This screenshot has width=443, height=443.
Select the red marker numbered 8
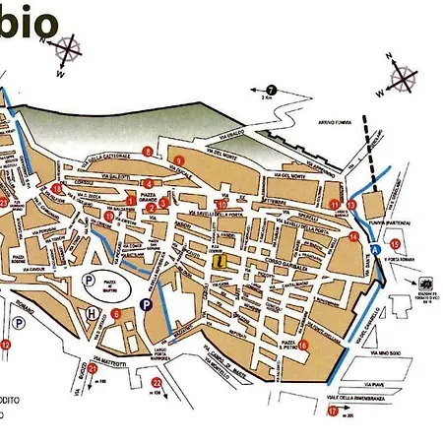[x=147, y=151]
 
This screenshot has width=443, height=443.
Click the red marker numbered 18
[x=56, y=187]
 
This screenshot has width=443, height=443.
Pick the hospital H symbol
[x=93, y=312]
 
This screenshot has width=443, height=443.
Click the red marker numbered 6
[x=116, y=314]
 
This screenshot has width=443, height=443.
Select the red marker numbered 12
[x=5, y=345]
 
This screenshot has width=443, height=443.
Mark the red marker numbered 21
[x=93, y=369]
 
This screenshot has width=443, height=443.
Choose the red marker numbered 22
[x=156, y=383]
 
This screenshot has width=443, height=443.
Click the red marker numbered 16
[x=305, y=345]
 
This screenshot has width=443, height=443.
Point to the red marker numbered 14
[x=353, y=236]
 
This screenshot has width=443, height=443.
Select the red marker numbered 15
[x=395, y=244]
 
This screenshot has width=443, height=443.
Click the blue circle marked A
[x=374, y=250]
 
